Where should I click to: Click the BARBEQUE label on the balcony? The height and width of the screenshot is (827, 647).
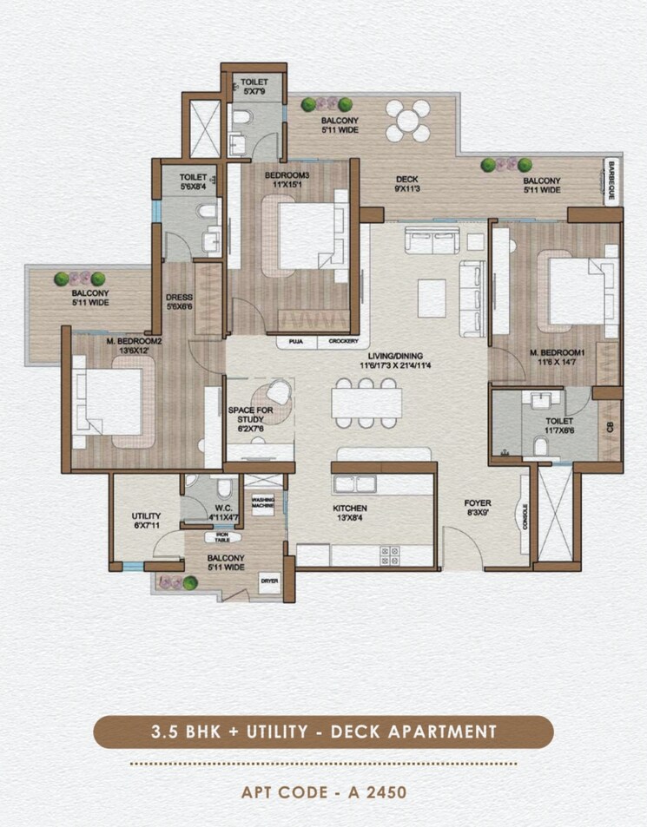pyautogui.click(x=611, y=181)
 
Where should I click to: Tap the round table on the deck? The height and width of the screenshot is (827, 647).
pyautogui.click(x=407, y=121)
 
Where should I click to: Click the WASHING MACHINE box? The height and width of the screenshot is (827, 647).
pyautogui.click(x=263, y=502)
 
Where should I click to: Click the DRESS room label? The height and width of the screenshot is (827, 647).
pyautogui.click(x=179, y=301)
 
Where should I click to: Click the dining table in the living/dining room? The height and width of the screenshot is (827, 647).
pyautogui.click(x=366, y=403)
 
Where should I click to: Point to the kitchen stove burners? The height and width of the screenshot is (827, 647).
pyautogui.click(x=390, y=552)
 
